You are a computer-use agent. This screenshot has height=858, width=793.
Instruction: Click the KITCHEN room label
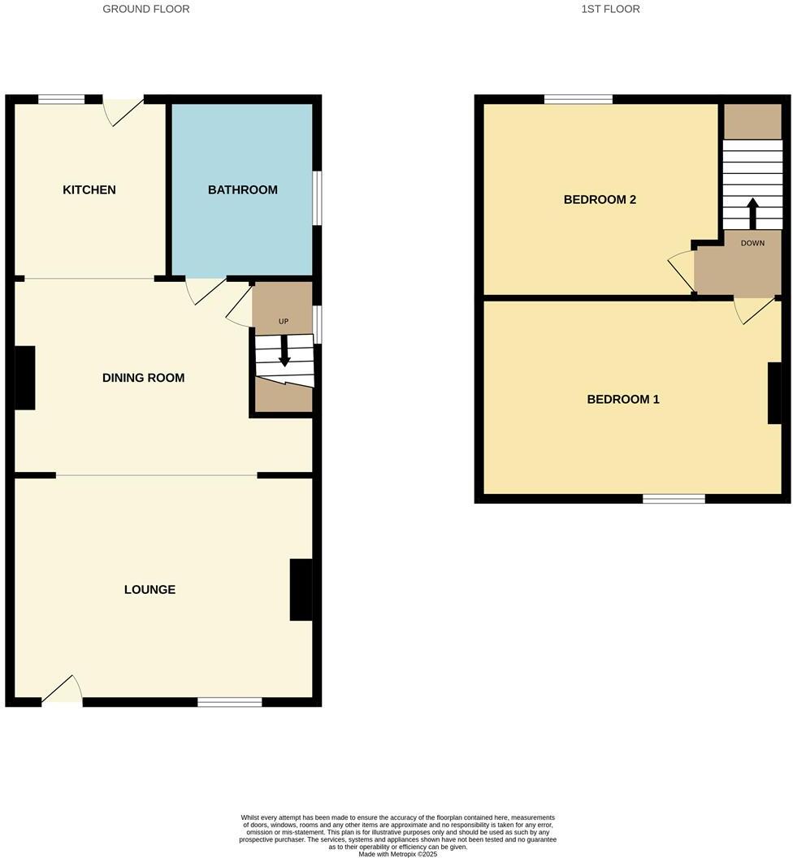(x=89, y=190)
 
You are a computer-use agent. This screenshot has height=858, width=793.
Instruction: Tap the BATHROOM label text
(x=242, y=190)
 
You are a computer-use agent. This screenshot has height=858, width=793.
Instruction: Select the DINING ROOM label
(x=143, y=378)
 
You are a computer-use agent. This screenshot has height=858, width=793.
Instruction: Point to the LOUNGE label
(x=149, y=590)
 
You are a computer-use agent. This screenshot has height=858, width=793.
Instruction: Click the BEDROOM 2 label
(x=600, y=200)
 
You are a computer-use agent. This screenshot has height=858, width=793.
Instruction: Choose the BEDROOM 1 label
(x=623, y=400)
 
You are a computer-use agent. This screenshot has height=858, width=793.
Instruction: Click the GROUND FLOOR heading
(x=146, y=9)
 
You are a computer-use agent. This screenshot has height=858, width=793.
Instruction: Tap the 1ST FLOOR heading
(x=610, y=9)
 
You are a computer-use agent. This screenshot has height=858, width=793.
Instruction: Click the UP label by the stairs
(x=284, y=322)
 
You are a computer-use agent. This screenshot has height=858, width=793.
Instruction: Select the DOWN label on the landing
(x=752, y=243)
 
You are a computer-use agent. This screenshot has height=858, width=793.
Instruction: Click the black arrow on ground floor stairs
(x=284, y=351)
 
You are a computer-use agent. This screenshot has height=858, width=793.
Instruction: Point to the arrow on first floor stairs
(x=752, y=213)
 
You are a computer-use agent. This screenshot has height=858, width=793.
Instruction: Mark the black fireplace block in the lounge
(x=301, y=590)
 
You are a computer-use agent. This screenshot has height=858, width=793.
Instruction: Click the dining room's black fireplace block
(x=25, y=378)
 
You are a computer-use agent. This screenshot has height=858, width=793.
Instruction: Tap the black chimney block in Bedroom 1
(x=774, y=393)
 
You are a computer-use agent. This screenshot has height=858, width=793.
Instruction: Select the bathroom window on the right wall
(x=317, y=197)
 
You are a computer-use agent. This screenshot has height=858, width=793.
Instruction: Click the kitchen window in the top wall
(x=61, y=100)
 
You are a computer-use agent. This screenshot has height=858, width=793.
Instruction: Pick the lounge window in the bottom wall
(x=229, y=702)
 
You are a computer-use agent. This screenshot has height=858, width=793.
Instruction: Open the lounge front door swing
(x=63, y=691)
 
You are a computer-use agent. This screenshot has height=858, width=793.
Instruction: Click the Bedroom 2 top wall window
(x=578, y=100)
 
